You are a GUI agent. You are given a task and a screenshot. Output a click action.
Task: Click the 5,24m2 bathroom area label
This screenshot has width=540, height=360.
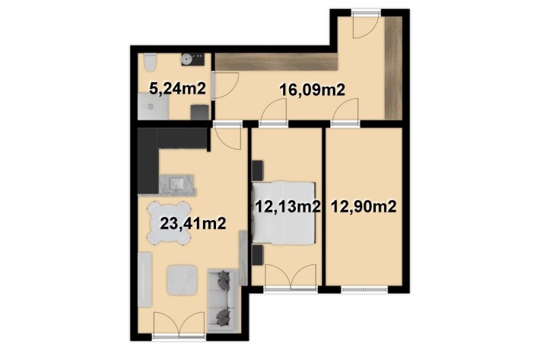pyautogui.click(x=177, y=89)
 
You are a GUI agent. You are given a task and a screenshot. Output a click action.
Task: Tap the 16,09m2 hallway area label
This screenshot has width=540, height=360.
pyautogui.click(x=313, y=91)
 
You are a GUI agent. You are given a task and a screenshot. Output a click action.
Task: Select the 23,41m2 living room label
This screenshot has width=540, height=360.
pyautogui.click(x=193, y=224)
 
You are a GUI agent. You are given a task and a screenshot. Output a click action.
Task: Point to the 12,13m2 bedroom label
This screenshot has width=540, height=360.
pyautogui.click(x=288, y=207)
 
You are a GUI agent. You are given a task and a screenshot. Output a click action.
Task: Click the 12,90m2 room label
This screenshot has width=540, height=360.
pyautogui.click(x=364, y=207)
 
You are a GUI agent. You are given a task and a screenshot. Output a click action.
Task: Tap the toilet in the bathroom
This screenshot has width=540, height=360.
pyautogui.click(x=150, y=62)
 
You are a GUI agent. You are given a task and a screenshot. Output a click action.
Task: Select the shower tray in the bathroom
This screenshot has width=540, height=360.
pyautogui.click(x=153, y=107)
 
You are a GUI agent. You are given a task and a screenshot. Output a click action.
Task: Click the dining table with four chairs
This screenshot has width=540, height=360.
pyautogui.click(x=169, y=222)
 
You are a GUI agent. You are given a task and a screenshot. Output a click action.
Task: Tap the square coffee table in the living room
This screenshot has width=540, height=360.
pyautogui.click(x=183, y=280)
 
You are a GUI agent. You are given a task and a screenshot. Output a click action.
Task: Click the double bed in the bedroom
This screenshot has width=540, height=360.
pyautogui.click(x=284, y=213)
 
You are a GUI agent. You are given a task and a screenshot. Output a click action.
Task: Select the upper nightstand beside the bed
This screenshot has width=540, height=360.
pyautogui.click(x=258, y=170)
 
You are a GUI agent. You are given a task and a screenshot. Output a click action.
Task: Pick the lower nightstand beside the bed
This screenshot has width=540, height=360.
pyautogui.click(x=258, y=255)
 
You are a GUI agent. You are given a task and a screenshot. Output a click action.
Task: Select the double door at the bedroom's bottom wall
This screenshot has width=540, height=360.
pyautogui.click(x=291, y=276)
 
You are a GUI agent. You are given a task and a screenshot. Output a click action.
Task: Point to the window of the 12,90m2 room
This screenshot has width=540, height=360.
pyautogui.click(x=364, y=290)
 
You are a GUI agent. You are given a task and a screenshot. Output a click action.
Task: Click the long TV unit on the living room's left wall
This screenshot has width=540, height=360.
pyautogui.click(x=145, y=280)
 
